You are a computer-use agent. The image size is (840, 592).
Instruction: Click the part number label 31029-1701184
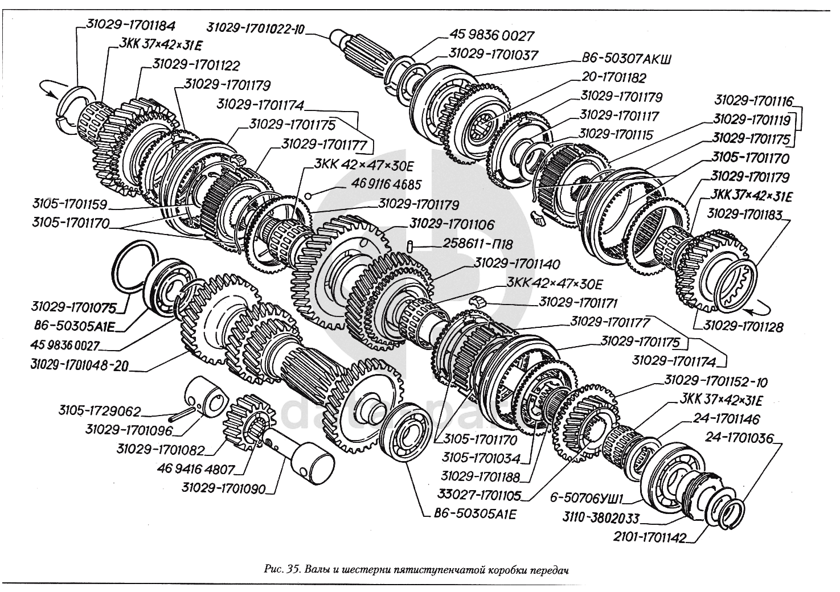tap(130, 25)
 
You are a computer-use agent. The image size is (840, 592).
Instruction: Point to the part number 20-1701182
tap(614, 77)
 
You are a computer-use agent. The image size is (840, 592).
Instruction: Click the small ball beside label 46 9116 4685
tap(308, 195)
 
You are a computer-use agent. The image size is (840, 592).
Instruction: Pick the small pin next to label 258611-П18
tap(411, 245)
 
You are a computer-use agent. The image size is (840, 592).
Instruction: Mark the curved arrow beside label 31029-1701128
tap(757, 309)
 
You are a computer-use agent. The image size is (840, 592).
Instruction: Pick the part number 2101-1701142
tap(649, 537)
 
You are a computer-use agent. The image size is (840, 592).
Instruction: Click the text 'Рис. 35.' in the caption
tap(284, 569)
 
